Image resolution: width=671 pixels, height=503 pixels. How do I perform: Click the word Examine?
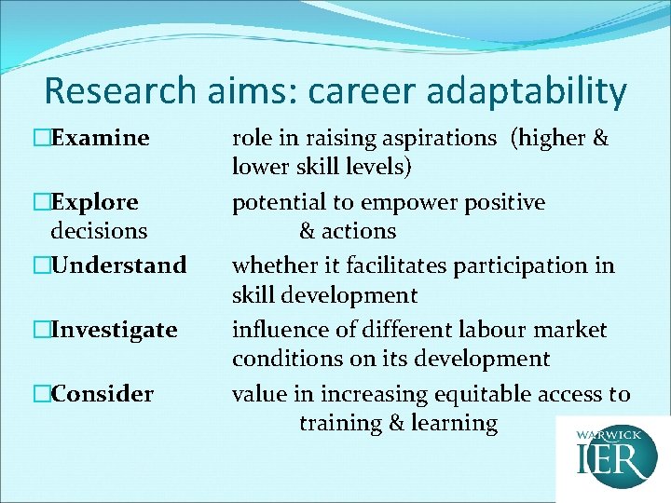[101, 139]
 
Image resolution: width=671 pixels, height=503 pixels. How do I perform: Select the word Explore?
[95, 202]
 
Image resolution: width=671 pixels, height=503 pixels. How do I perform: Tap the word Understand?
[119, 265]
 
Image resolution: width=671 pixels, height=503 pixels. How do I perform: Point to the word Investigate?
[115, 330]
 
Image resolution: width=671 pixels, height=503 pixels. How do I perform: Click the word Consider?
[103, 394]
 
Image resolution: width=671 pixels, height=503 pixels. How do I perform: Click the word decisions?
[99, 230]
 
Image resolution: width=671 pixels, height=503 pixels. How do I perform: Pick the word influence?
[277, 330]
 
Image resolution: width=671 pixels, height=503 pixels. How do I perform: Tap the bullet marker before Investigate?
[40, 330]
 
